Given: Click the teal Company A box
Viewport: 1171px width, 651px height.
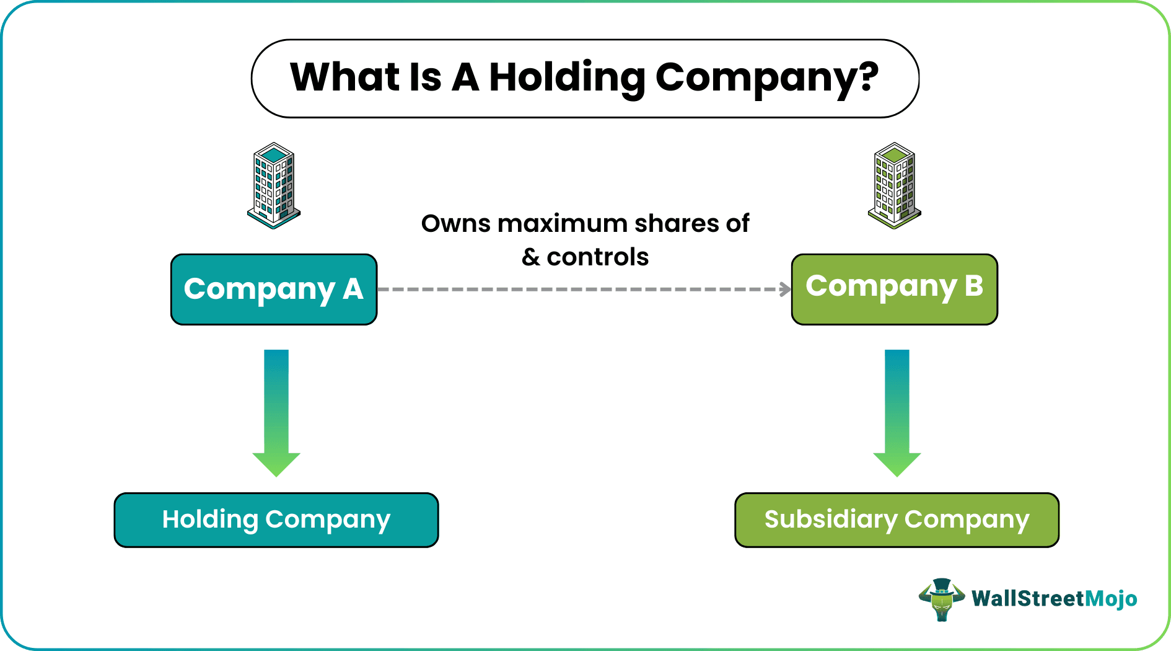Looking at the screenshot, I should [x=273, y=289].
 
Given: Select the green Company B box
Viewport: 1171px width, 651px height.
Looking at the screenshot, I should [x=894, y=289].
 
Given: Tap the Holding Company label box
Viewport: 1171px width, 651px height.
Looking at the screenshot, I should [x=276, y=520].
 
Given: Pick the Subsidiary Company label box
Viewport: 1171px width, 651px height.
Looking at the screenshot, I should [x=897, y=520].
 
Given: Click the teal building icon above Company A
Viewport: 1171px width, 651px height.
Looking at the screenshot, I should [x=273, y=185].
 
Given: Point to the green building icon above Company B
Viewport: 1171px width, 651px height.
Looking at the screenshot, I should [x=894, y=185].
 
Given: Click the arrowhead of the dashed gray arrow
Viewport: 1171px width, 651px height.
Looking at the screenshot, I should [x=786, y=289].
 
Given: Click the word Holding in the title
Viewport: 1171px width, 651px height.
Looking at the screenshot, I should [x=567, y=78].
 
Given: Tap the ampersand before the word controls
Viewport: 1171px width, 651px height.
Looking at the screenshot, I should [x=531, y=257].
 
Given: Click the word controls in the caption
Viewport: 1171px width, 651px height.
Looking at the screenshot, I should [x=597, y=257].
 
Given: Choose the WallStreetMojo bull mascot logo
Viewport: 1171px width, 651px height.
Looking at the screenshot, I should [x=941, y=599].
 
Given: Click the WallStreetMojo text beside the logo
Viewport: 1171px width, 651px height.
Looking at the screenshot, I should [x=1054, y=599].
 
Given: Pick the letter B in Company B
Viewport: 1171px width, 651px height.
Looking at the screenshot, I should [x=973, y=286].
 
